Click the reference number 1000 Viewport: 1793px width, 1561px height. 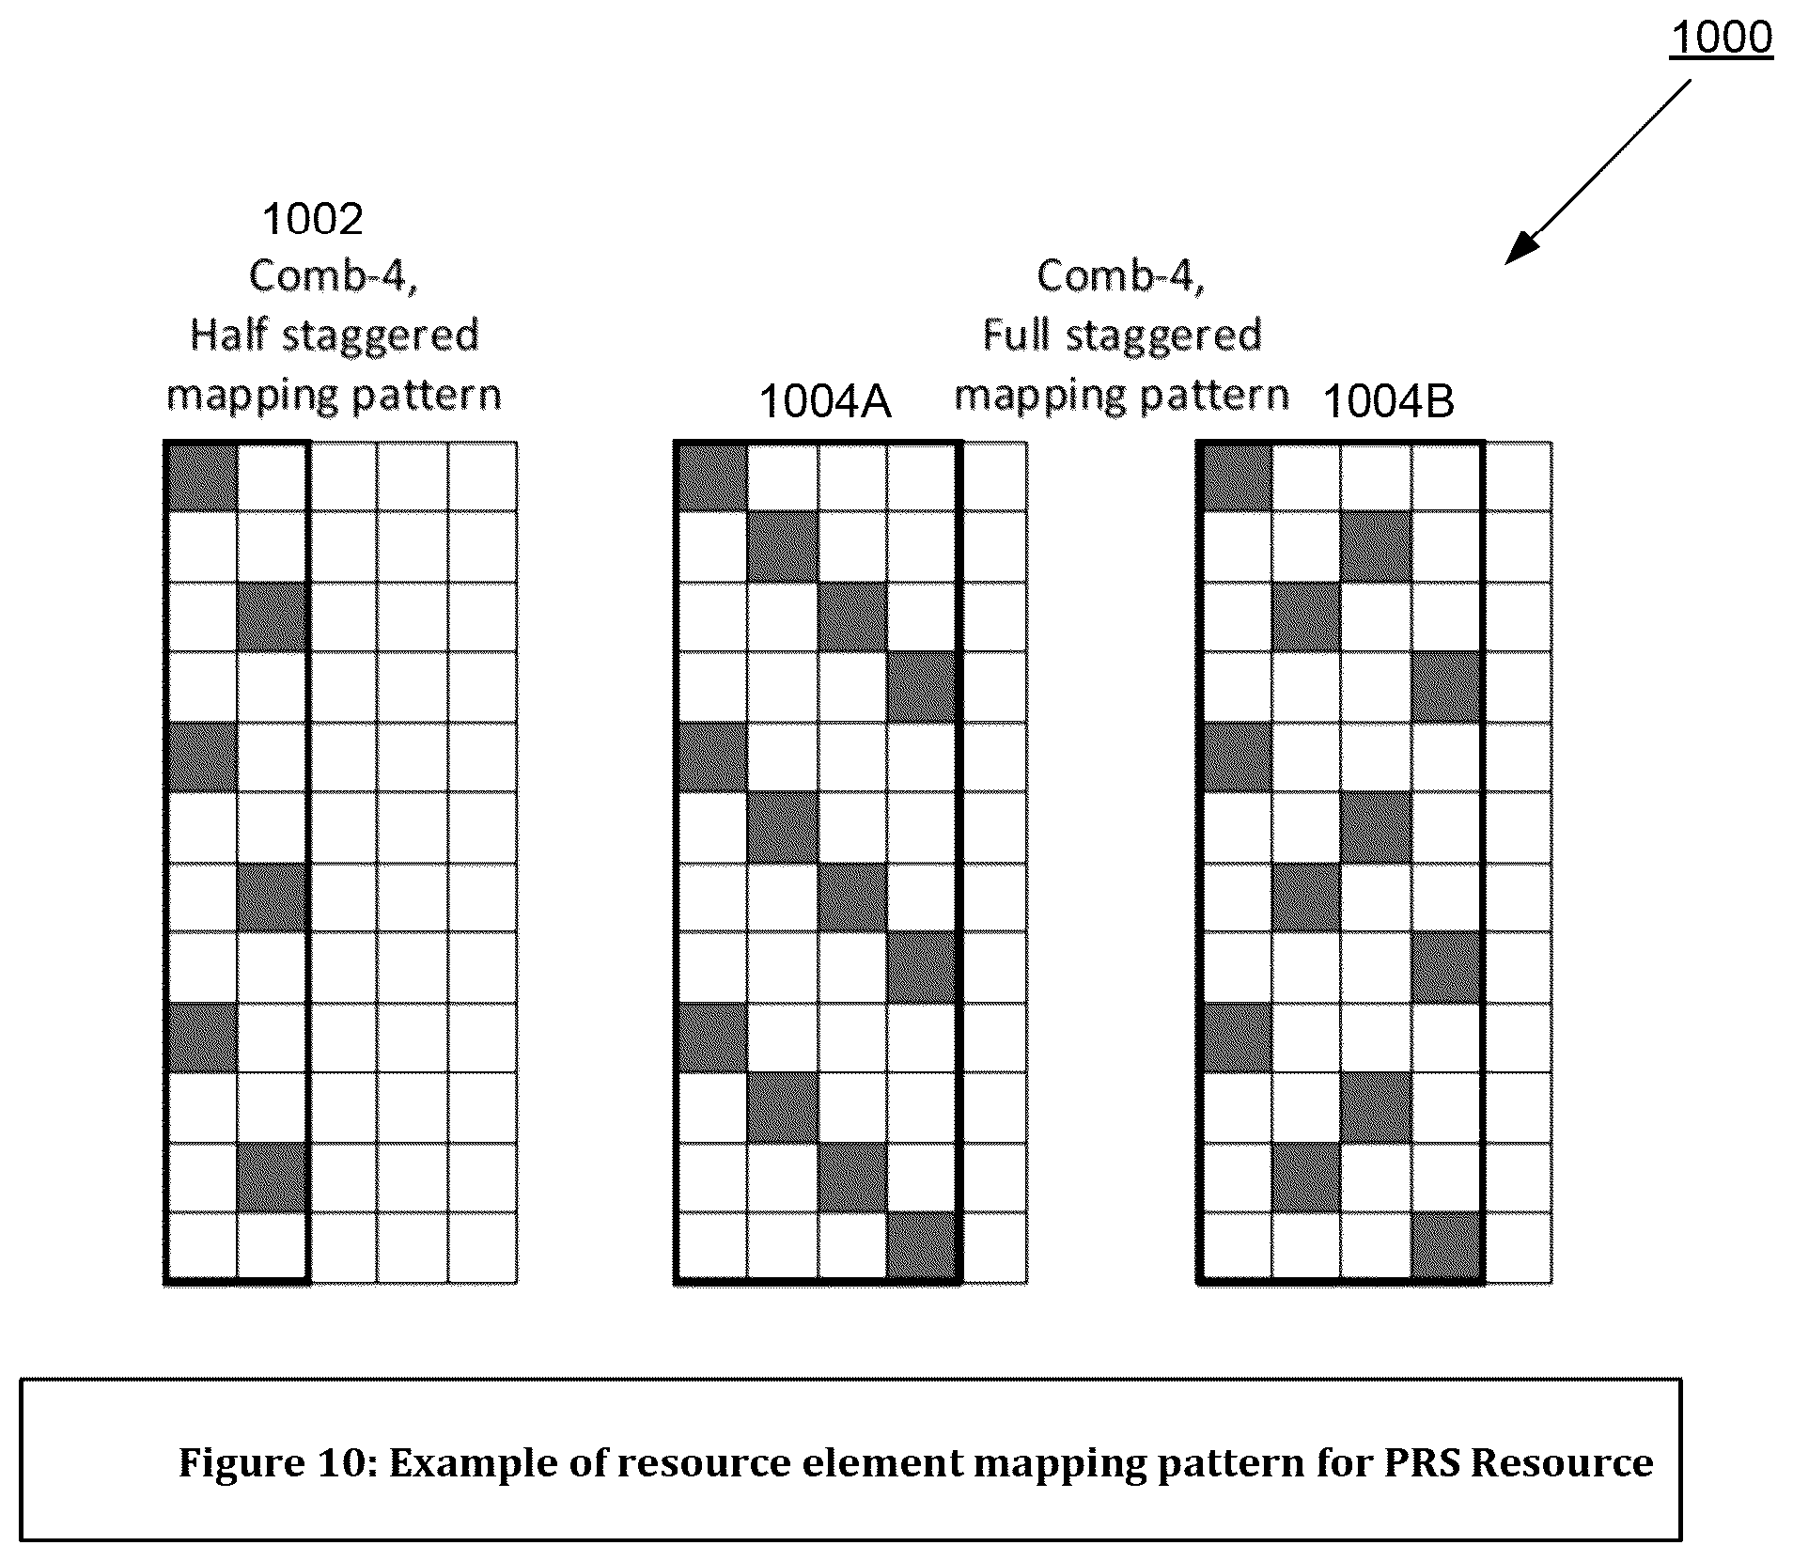click(x=1721, y=38)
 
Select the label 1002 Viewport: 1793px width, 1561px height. click(x=313, y=220)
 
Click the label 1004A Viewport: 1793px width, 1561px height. click(x=824, y=402)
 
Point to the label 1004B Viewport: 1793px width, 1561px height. click(x=1388, y=402)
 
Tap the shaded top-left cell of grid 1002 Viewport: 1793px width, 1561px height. click(x=201, y=476)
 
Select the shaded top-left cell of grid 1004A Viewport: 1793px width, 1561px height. click(x=712, y=476)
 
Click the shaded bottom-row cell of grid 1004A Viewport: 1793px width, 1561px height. click(x=922, y=1247)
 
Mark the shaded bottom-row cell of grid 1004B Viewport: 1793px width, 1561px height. click(x=1447, y=1247)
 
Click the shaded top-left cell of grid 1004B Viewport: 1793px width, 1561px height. click(x=1238, y=476)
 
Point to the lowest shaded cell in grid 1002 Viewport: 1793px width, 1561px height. click(x=272, y=1178)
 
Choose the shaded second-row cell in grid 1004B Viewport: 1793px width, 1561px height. click(x=1377, y=547)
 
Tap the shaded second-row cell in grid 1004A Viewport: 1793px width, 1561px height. click(x=783, y=547)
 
